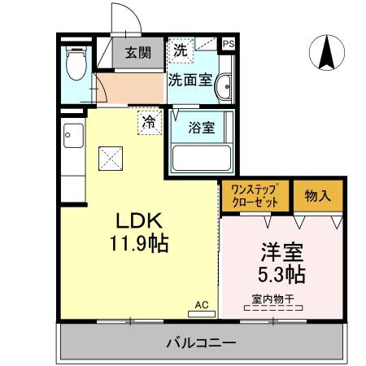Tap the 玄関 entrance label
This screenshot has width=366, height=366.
(x=138, y=54)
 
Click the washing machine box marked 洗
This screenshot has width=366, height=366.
(x=180, y=50)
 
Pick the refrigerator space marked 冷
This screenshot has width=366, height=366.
(x=149, y=123)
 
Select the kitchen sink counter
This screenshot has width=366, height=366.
(x=71, y=154)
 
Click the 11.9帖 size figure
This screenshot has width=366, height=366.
(x=140, y=242)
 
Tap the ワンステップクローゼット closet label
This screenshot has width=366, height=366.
(x=255, y=196)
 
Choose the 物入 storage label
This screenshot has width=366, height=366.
(x=318, y=196)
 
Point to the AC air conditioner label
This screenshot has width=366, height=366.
(x=202, y=304)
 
